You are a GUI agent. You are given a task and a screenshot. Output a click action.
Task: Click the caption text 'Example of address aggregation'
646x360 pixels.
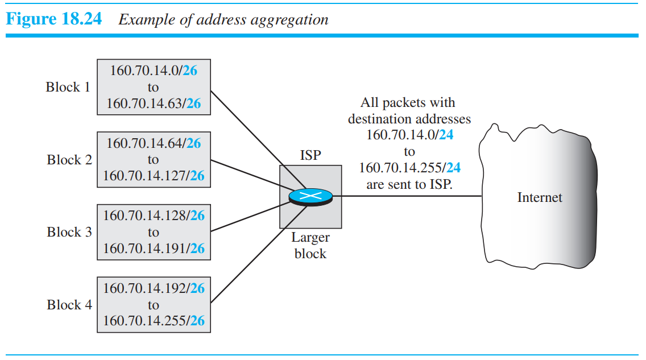pyautogui.click(x=223, y=19)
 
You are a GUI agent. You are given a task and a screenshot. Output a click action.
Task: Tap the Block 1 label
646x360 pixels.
pyautogui.click(x=68, y=87)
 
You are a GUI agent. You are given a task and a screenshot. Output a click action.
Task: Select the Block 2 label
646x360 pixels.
pyautogui.click(x=69, y=160)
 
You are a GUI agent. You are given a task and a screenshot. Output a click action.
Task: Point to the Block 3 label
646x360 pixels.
pyautogui.click(x=69, y=232)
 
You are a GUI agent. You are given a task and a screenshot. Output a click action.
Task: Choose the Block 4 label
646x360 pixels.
pyautogui.click(x=69, y=305)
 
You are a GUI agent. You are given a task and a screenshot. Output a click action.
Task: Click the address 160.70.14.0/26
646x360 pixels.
pyautogui.click(x=154, y=71)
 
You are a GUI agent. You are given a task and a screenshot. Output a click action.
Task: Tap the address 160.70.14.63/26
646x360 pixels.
pyautogui.click(x=154, y=104)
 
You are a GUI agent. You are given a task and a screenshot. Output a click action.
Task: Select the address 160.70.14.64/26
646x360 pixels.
pyautogui.click(x=154, y=143)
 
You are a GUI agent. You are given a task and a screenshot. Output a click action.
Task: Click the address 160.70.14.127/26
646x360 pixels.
pyautogui.click(x=154, y=176)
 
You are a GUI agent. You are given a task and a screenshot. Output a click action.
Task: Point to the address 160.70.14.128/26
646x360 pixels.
pyautogui.click(x=154, y=216)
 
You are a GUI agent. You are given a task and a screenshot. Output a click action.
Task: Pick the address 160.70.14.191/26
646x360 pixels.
pyautogui.click(x=154, y=249)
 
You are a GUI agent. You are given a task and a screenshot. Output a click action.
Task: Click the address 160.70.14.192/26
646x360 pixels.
pyautogui.click(x=154, y=288)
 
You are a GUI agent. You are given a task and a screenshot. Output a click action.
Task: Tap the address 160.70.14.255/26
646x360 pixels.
pyautogui.click(x=154, y=321)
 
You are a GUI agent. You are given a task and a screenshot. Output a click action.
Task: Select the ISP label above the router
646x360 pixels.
pyautogui.click(x=310, y=155)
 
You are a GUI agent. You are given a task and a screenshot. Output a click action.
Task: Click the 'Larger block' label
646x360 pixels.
pyautogui.click(x=310, y=246)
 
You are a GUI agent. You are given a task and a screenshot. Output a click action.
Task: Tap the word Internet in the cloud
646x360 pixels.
pyautogui.click(x=539, y=198)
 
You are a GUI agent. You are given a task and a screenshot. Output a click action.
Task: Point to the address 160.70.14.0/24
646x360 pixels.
pyautogui.click(x=409, y=135)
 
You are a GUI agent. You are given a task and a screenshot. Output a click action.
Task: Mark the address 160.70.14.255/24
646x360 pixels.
pyautogui.click(x=409, y=168)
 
